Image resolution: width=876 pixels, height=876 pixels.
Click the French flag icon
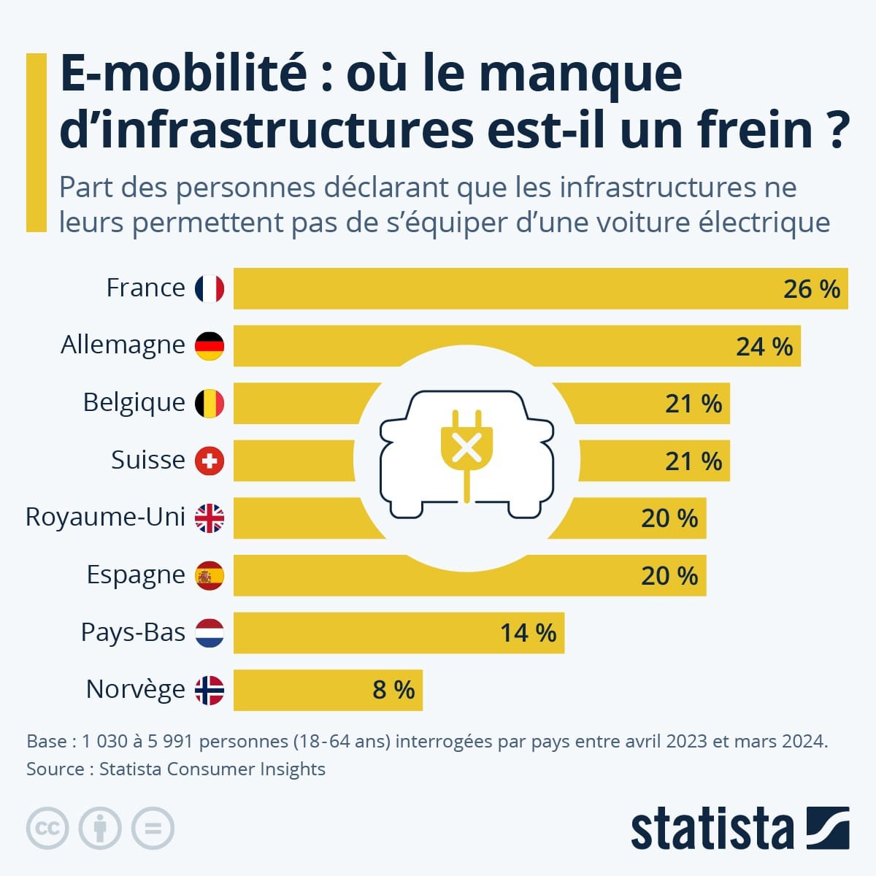[x=210, y=288]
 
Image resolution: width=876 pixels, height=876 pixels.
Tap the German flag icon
[x=210, y=345]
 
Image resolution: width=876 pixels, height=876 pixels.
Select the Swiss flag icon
[x=210, y=461]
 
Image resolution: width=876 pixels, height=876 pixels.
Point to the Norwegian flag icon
[x=210, y=690]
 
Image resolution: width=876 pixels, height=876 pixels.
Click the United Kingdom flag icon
[x=210, y=518]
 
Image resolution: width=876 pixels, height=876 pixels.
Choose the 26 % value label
[x=812, y=289]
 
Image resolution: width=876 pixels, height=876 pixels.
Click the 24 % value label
[x=764, y=346]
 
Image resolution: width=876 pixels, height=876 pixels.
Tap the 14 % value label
[x=528, y=633]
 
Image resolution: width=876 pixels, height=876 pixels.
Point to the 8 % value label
[x=393, y=690]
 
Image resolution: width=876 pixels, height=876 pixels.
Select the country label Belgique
[x=134, y=402]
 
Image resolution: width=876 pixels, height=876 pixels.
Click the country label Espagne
[x=136, y=575]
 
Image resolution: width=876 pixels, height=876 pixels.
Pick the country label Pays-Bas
[x=133, y=632]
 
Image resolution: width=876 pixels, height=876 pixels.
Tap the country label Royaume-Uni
[x=105, y=517]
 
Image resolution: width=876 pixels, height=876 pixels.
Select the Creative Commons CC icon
[x=47, y=829]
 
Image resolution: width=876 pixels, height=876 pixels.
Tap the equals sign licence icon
[x=153, y=829]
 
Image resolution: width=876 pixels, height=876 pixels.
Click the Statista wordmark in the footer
[x=712, y=829]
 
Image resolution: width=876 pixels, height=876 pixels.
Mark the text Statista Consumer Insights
[x=212, y=769]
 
